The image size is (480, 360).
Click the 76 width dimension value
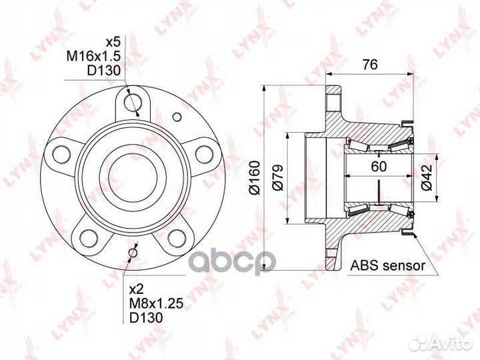370,65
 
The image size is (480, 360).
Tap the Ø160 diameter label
255,177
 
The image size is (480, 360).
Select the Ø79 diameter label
278,178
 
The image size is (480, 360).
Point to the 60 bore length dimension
379,166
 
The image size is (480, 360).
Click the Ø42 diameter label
427,177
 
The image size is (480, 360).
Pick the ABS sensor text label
388,265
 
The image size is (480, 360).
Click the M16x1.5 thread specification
93,56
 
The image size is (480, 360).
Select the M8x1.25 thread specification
156,303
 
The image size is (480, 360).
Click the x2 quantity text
137,289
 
